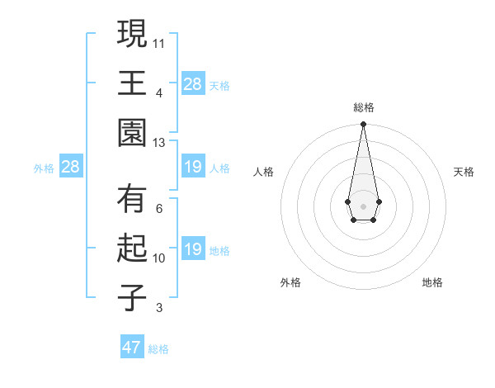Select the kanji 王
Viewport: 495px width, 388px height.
(132, 83)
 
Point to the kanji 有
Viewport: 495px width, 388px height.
(132, 201)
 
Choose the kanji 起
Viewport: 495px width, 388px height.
(132, 249)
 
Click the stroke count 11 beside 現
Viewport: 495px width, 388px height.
(159, 41)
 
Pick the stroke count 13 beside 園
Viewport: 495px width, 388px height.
(159, 143)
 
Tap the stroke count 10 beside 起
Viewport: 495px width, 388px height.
(159, 258)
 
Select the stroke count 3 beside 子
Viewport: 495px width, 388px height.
(159, 309)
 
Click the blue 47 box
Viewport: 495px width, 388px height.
(132, 348)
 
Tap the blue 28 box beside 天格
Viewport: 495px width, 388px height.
(193, 83)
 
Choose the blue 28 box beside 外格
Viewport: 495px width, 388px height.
(71, 168)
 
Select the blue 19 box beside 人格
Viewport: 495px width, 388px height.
(193, 168)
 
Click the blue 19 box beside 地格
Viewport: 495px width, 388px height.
(193, 249)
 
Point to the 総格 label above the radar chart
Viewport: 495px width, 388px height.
(363, 107)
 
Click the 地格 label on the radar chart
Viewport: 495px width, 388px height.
(432, 282)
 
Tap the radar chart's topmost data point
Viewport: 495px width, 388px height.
(363, 125)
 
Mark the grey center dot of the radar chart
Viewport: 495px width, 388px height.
(363, 205)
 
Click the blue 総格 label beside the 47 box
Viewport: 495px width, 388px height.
(158, 349)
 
